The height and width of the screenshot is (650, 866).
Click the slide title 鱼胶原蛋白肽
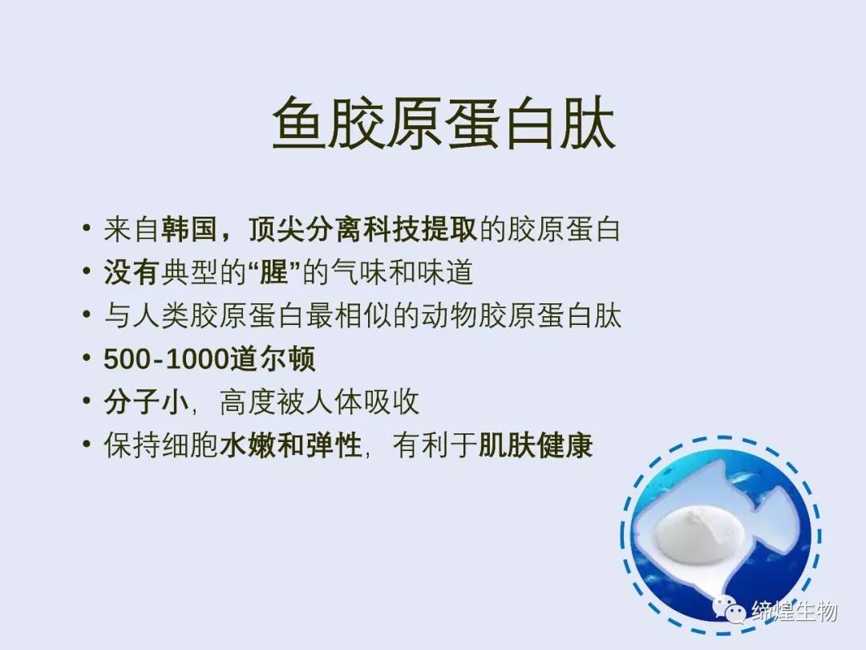click(444, 123)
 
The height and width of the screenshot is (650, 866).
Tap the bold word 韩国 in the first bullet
click(188, 230)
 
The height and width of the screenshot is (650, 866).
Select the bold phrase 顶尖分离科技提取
click(363, 230)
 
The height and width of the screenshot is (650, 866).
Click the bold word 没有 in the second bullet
click(132, 273)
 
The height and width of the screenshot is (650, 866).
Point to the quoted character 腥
click(274, 273)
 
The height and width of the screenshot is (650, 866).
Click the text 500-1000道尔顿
click(209, 360)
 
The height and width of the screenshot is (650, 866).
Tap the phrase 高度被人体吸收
click(319, 402)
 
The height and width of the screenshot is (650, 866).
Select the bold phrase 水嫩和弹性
click(291, 445)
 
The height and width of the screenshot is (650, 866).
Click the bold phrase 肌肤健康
click(535, 445)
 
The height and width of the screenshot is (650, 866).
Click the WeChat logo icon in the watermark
click(730, 610)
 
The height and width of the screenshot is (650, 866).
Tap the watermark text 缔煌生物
click(794, 611)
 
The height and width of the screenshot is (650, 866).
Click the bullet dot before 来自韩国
click(86, 228)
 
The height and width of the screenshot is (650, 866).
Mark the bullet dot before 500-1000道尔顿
click(86, 358)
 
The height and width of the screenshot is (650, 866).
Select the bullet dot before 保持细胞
click(86, 444)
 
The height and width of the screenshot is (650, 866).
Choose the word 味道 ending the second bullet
click(445, 273)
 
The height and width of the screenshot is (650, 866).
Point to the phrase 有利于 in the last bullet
click(435, 445)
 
